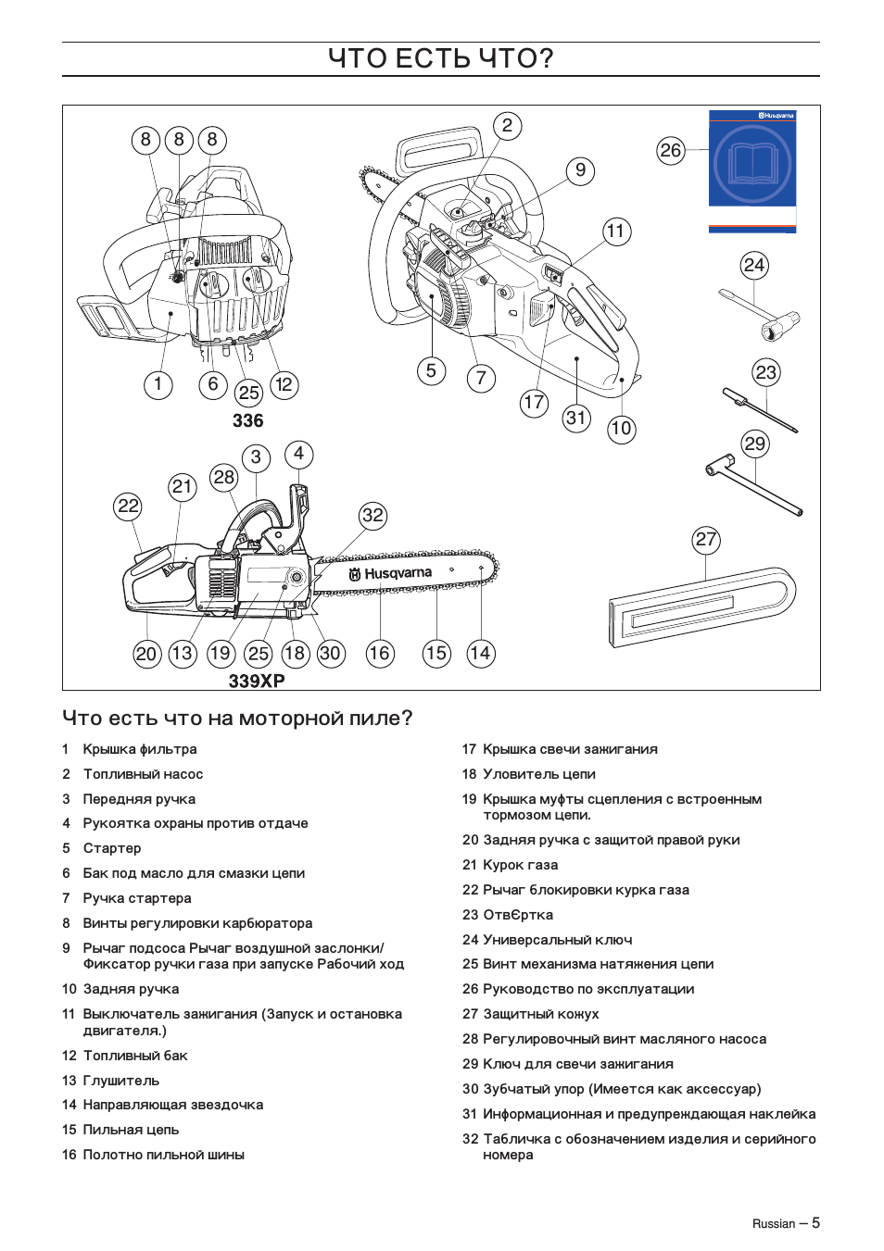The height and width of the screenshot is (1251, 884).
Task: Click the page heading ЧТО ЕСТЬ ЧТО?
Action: [x=441, y=58]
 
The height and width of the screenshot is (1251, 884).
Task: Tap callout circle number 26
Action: [x=670, y=150]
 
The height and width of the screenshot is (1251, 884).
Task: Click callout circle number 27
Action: [x=706, y=540]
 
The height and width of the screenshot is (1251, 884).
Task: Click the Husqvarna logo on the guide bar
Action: [x=390, y=574]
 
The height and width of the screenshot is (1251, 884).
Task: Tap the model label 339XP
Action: [x=257, y=681]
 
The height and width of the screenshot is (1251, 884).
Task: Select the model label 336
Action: [x=247, y=420]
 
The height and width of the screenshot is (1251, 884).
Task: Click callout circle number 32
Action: [x=373, y=516]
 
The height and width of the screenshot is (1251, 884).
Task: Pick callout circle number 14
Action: [x=480, y=653]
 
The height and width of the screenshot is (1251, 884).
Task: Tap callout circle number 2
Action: [x=507, y=126]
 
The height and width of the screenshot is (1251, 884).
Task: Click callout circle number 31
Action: [x=576, y=418]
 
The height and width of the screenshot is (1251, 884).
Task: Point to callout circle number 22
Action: [x=128, y=506]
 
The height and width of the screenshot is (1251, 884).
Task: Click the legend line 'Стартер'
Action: [x=112, y=848]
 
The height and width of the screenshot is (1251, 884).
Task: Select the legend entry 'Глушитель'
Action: [x=121, y=1081]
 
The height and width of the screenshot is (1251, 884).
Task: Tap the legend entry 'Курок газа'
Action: [x=520, y=865]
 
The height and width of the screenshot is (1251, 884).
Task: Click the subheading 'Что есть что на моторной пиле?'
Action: [x=237, y=719]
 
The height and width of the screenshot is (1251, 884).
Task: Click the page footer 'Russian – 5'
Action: [x=786, y=1223]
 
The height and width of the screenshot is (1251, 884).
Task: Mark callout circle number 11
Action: [x=616, y=231]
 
